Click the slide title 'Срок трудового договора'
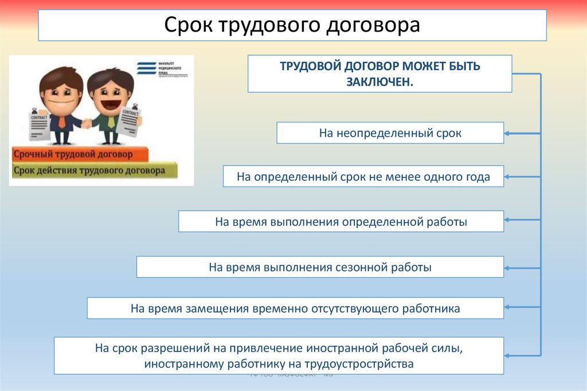point(292,25)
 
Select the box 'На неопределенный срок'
point(390,133)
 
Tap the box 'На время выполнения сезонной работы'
point(320,267)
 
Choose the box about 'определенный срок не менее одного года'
point(363,176)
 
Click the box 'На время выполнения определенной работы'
point(341,221)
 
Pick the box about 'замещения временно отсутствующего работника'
point(295,308)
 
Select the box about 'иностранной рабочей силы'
point(279,355)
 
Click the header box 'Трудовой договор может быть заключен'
point(379,73)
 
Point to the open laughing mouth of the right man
point(111,104)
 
